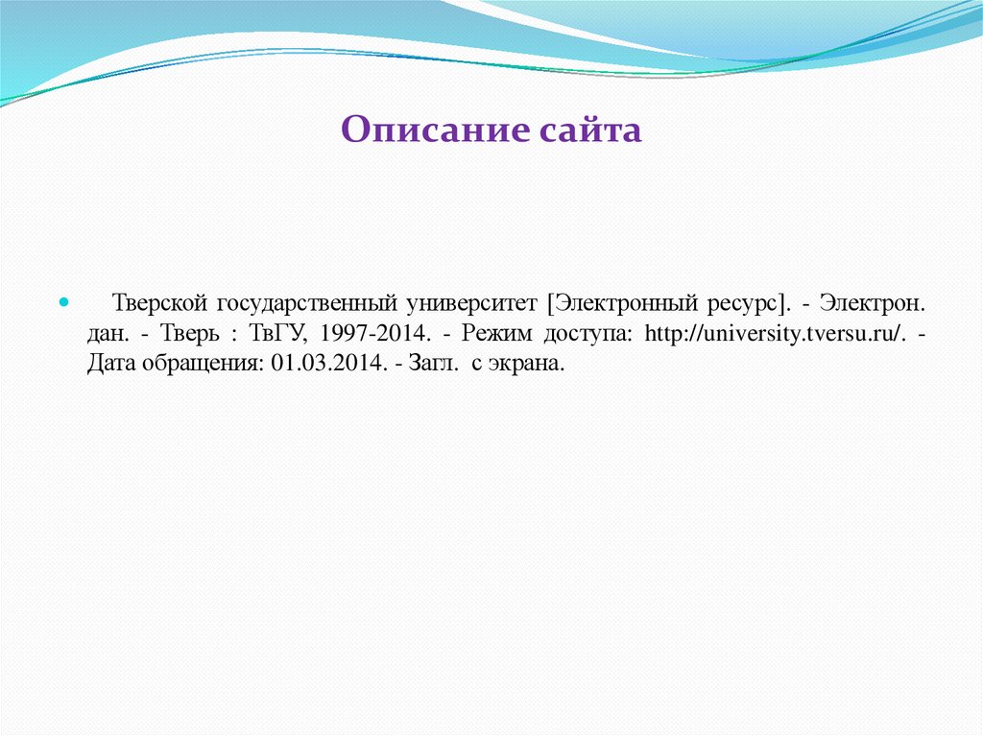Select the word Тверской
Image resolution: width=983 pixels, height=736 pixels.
(160, 303)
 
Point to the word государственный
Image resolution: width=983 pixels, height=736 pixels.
(306, 303)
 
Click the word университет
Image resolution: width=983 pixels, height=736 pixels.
(471, 303)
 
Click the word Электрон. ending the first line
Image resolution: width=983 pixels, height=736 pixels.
(873, 303)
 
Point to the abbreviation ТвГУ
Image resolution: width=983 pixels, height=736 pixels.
(275, 334)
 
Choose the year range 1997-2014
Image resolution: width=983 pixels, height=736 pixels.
(370, 334)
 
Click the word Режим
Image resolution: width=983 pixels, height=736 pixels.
(498, 334)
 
